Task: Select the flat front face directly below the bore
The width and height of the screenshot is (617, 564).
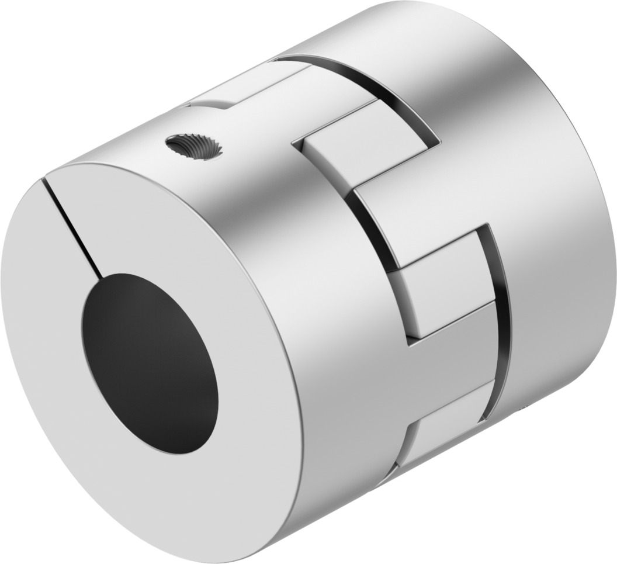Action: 175,485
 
